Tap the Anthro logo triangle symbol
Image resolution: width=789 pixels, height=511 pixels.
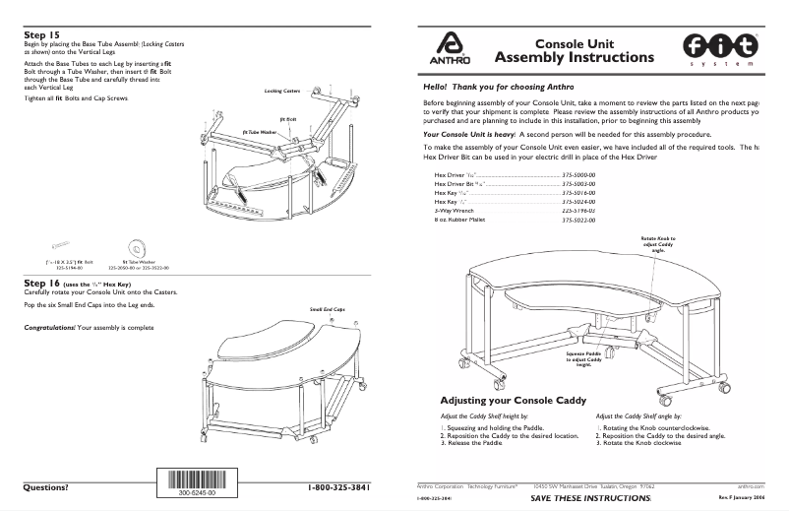click(449, 44)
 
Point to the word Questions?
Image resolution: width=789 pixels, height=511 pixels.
click(46, 487)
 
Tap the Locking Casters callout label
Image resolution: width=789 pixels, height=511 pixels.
click(282, 91)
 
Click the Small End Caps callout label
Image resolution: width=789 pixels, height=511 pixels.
click(328, 309)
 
